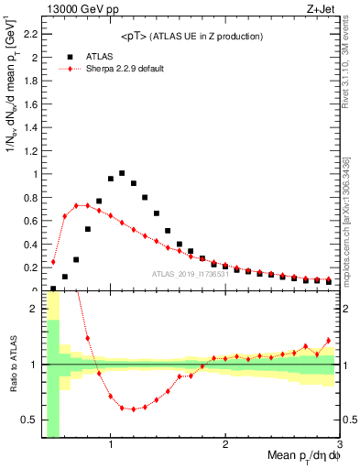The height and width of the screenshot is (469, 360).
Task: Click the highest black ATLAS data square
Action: tap(122, 172)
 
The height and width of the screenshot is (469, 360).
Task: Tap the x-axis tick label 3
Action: tap(339, 444)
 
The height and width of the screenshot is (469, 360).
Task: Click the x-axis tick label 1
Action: tap(111, 444)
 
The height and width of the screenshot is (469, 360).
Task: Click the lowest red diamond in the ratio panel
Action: tap(134, 409)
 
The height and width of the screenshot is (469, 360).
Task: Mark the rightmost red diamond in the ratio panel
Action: tap(328, 340)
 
